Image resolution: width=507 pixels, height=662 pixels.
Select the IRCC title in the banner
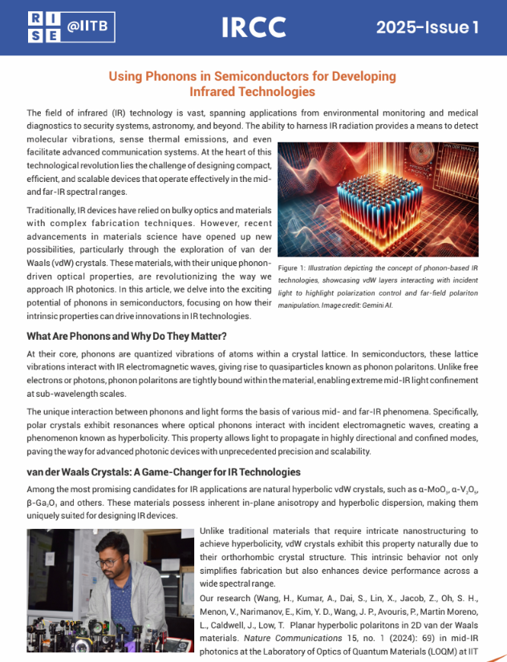[x=253, y=27]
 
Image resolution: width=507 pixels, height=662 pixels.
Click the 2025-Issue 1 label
[x=428, y=27]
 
